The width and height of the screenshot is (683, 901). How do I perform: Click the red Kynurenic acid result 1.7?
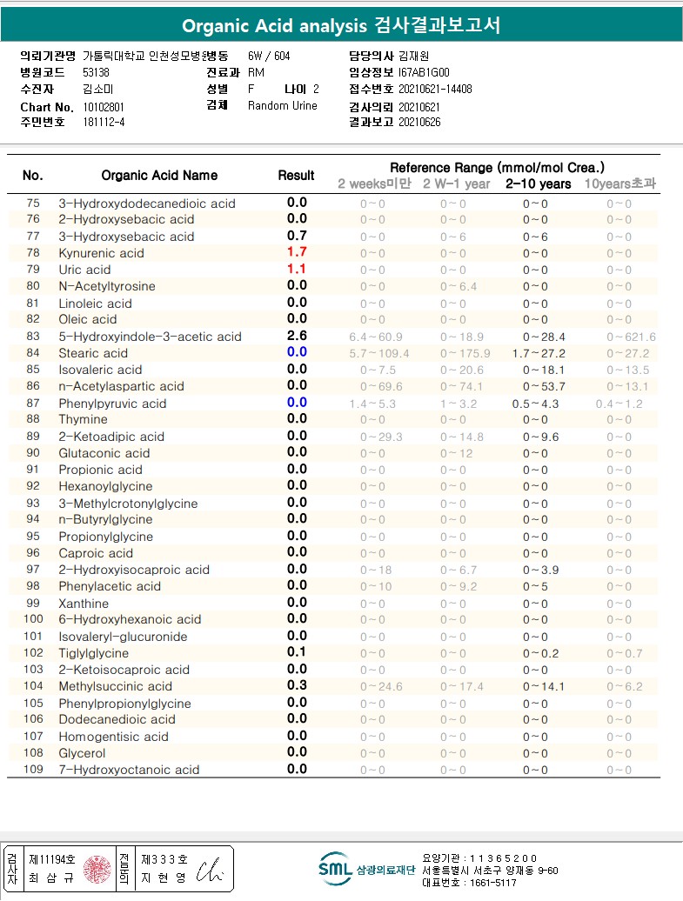point(297,253)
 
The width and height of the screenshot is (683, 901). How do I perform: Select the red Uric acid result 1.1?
point(297,270)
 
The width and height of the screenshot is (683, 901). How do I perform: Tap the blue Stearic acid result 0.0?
point(297,352)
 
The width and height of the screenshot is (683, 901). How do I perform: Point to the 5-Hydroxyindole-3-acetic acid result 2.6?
point(297,336)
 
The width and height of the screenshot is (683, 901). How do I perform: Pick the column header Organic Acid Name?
point(159,176)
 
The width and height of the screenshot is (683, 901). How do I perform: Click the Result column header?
point(296,176)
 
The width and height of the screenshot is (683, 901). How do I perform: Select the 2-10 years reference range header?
point(539,184)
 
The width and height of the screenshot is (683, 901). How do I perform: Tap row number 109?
point(32,770)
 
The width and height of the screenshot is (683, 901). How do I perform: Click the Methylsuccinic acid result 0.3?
point(297,686)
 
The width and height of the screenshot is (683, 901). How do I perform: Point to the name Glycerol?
point(82,753)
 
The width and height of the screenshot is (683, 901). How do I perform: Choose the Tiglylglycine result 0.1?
point(297,652)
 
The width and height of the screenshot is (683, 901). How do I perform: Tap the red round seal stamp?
point(97,868)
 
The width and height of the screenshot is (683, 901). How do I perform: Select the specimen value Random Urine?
point(283,106)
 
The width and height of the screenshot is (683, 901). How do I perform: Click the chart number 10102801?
point(104,106)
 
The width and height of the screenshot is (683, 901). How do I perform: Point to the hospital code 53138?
point(97,73)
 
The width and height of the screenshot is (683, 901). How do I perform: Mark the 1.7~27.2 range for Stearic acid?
point(539,353)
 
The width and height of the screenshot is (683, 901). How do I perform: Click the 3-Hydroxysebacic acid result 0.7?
point(297,236)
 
